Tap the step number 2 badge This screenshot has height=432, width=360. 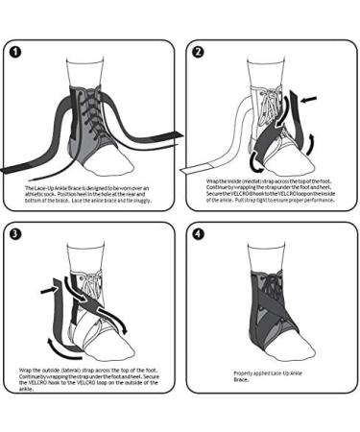coord(199,50)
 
